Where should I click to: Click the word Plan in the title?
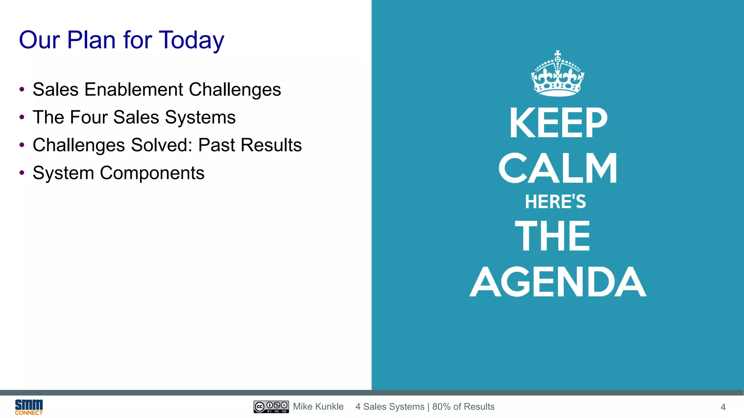click(92, 40)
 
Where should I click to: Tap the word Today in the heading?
click(191, 41)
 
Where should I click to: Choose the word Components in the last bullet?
click(152, 173)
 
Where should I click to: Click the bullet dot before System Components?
click(22, 173)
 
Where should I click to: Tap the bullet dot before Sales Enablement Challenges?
click(22, 89)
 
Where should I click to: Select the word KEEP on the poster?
click(558, 123)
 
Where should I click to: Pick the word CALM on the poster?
click(558, 168)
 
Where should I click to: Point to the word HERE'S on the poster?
click(555, 202)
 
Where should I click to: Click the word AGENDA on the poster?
click(558, 282)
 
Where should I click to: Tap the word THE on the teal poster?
click(553, 236)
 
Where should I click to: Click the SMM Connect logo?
click(29, 407)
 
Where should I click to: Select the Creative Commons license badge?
click(271, 407)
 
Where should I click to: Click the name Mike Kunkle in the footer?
click(318, 407)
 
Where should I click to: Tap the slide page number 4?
click(723, 407)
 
